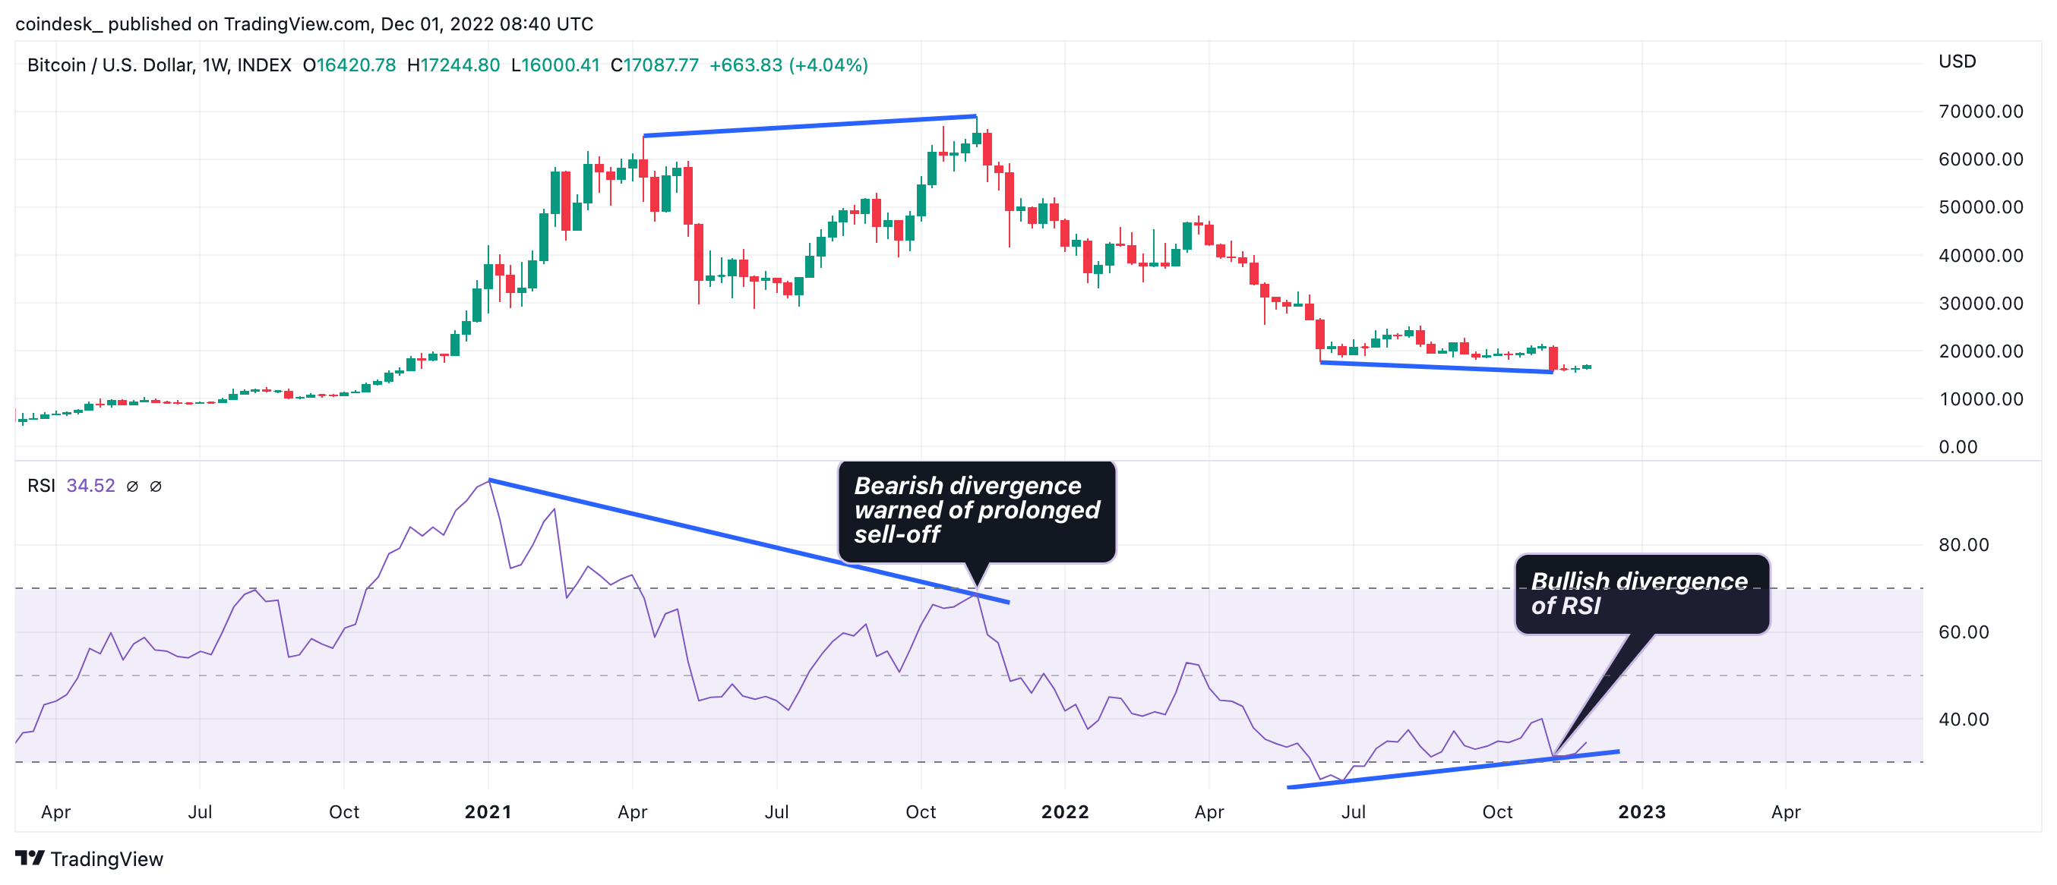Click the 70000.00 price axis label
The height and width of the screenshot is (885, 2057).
[1980, 112]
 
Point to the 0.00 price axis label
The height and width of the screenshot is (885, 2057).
[1958, 447]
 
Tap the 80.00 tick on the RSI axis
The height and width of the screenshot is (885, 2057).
[1964, 545]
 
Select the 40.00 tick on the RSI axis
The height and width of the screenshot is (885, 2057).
[1964, 720]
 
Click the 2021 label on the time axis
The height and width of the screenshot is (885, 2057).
[488, 812]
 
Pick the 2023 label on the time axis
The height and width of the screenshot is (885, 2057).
[1641, 812]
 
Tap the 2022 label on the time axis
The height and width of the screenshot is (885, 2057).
[1064, 812]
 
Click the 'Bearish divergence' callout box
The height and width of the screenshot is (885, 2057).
[976, 511]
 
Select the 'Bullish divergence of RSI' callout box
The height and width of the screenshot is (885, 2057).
[1641, 594]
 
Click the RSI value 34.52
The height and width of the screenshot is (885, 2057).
[90, 486]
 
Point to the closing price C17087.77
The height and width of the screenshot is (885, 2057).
[654, 65]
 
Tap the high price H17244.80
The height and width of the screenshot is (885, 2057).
[453, 65]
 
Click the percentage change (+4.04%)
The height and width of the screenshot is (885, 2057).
[828, 65]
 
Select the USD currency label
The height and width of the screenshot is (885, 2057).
[1957, 61]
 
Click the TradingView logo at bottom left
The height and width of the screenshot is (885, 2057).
[89, 858]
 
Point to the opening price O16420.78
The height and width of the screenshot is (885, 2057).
[349, 65]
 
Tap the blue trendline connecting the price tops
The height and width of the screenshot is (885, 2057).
[810, 125]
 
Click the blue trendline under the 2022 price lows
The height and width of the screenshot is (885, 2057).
[1436, 367]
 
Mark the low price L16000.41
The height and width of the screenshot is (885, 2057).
[555, 65]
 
